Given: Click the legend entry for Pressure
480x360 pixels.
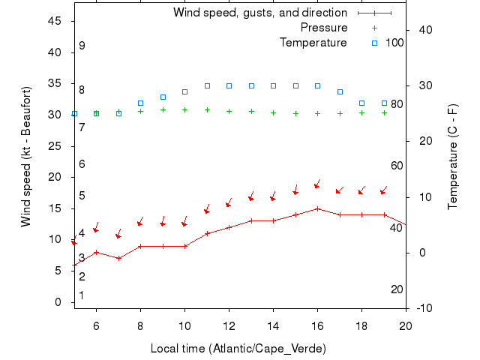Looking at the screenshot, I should (324, 28).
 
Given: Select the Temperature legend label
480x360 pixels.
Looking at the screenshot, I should (313, 43).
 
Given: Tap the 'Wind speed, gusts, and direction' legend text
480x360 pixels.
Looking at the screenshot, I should (260, 13).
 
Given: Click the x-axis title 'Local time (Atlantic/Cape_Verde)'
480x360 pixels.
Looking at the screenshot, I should (238, 349).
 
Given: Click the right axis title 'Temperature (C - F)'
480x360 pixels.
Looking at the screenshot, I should (453, 157).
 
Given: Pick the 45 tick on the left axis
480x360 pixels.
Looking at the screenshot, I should (55, 21).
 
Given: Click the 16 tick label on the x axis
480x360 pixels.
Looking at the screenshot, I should (317, 325).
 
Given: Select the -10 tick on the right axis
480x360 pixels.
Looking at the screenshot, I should (422, 308).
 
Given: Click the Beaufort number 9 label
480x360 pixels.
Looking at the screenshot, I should (82, 46).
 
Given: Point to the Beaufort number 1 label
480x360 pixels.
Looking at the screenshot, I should (82, 295).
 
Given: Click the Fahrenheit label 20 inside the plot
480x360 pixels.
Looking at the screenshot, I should (397, 289).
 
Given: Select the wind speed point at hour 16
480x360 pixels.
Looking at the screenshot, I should (317, 208).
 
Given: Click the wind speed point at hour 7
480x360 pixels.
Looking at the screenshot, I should (118, 258).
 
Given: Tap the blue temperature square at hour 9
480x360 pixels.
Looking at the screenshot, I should (163, 97).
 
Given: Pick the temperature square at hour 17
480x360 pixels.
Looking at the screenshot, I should (340, 91).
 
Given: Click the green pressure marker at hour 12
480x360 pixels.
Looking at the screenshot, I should (229, 111).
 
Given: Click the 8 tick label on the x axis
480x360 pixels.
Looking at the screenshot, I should (140, 325).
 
